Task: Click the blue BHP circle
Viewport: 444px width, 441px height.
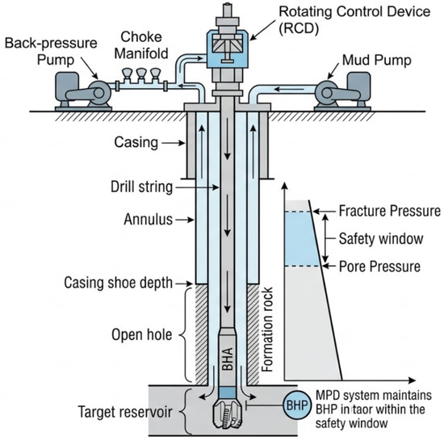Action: tap(297, 405)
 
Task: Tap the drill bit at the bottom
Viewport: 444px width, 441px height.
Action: tap(228, 414)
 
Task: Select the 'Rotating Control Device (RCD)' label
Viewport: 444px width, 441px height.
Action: tap(354, 20)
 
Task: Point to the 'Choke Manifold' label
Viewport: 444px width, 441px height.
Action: tap(141, 45)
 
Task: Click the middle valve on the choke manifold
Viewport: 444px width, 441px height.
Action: tap(140, 74)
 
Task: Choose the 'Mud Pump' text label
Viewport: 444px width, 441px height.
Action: tap(377, 61)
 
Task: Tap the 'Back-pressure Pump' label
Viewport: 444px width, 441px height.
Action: tap(51, 52)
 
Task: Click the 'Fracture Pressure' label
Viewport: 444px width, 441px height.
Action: tap(390, 211)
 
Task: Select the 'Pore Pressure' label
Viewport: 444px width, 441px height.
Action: tap(379, 267)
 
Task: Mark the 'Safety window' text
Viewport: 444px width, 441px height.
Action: tap(381, 238)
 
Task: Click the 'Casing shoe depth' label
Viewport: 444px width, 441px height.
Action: tap(119, 283)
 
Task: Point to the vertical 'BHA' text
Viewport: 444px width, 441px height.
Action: tap(228, 359)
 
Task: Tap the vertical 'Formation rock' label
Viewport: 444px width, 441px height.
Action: tap(267, 330)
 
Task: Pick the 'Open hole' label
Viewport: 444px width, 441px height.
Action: tap(142, 334)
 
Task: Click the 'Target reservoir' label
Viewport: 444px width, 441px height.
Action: tap(125, 412)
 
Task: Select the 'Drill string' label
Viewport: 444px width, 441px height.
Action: tap(141, 187)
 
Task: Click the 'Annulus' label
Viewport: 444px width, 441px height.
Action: tap(148, 220)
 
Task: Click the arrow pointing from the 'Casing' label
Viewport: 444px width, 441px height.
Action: tap(174, 143)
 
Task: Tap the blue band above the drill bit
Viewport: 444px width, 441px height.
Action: tap(228, 393)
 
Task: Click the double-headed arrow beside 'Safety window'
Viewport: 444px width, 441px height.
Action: tap(325, 238)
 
